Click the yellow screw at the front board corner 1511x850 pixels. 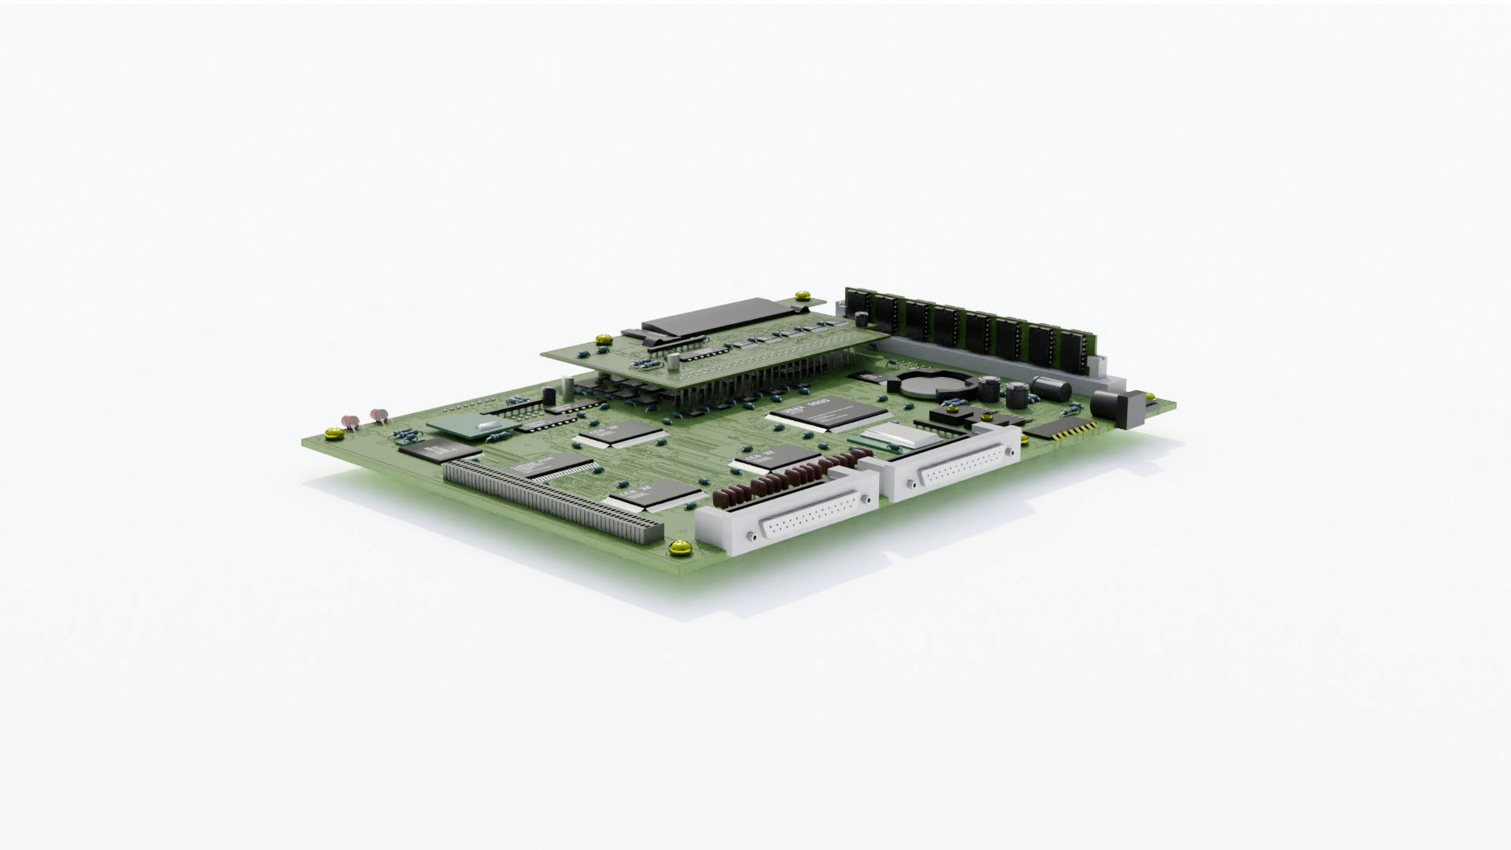click(676, 548)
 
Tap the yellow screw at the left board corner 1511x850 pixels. click(333, 432)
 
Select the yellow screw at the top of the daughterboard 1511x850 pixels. click(802, 296)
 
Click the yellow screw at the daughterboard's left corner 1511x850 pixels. click(604, 340)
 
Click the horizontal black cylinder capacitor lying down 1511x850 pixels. click(1051, 387)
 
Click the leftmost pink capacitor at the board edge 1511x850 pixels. click(348, 421)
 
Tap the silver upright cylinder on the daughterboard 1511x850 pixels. click(674, 361)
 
